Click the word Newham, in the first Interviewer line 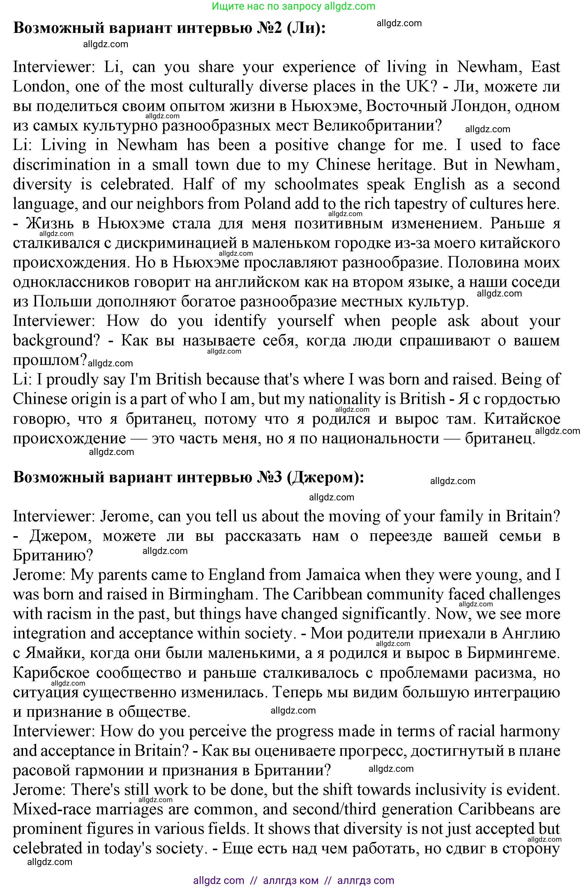(x=487, y=67)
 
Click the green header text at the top (x=294, y=6)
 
